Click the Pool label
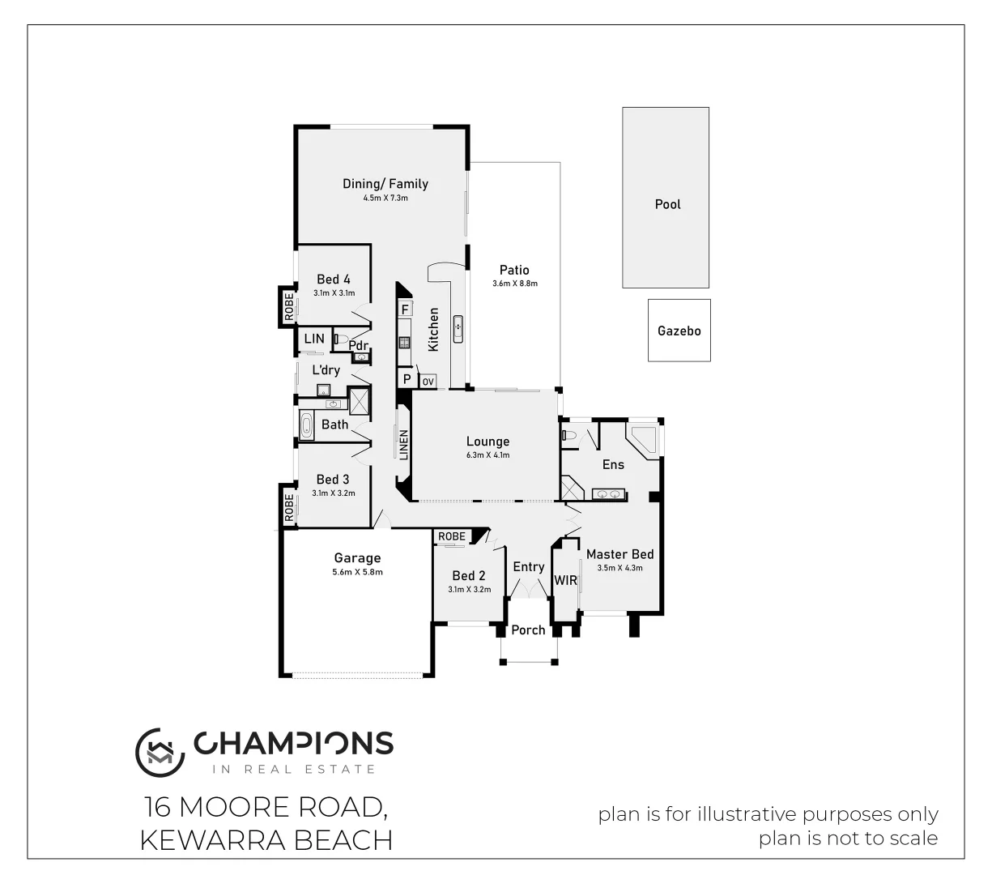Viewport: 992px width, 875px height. click(x=667, y=204)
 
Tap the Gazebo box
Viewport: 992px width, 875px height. click(x=679, y=331)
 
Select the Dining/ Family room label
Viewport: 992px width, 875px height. click(x=385, y=184)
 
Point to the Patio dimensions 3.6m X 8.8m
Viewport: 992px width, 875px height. click(x=514, y=284)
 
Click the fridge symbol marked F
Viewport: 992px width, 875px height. click(x=405, y=309)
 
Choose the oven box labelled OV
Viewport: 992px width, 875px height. click(x=428, y=381)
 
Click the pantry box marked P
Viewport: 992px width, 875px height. click(x=407, y=379)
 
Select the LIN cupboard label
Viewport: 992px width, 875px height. click(x=313, y=339)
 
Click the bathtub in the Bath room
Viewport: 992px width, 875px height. click(x=307, y=424)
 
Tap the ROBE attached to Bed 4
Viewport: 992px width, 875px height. click(x=287, y=306)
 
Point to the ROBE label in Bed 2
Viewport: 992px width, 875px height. click(x=452, y=536)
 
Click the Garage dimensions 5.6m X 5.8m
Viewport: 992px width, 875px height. click(x=357, y=572)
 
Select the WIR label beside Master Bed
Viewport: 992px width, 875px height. click(x=565, y=580)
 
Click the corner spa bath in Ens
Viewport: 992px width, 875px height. click(x=645, y=441)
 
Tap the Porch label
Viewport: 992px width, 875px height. click(x=528, y=630)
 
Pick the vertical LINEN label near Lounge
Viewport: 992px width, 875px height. click(x=404, y=445)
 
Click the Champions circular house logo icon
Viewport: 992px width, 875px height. click(x=155, y=749)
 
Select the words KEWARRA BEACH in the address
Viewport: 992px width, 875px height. click(x=266, y=840)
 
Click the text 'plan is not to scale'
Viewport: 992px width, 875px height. click(x=848, y=839)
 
